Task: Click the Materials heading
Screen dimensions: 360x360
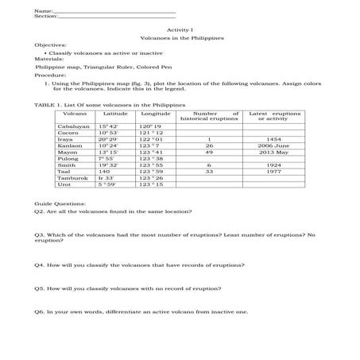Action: coord(48,60)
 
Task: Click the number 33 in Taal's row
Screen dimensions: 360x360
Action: coord(209,171)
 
